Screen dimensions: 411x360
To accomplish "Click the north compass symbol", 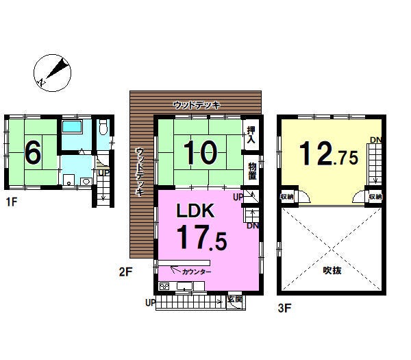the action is coord(53,73).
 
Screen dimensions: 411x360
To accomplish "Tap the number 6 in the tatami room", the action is coord(33,152).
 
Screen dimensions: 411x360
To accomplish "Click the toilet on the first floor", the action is coord(104,128).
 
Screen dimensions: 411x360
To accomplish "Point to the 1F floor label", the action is coord(12,202).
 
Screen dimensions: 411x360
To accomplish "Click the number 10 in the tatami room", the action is coord(201,152).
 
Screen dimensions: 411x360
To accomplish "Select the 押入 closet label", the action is coord(251,135).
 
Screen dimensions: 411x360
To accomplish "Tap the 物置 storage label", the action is coord(252,171).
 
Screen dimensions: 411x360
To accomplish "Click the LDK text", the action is coord(195,211).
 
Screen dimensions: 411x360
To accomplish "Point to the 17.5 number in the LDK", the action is coord(202,238).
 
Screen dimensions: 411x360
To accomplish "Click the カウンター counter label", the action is coord(197,272).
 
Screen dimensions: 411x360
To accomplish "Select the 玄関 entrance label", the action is coord(235,299).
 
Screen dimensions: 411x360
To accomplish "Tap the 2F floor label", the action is coord(125,272).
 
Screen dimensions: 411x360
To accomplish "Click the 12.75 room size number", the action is coord(329,154).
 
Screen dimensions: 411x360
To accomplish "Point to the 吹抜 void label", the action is coord(332,270).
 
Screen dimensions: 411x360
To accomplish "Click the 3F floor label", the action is coord(284,308).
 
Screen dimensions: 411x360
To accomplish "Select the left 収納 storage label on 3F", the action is coord(287,197).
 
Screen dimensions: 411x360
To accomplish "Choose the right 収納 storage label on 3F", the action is coord(375,197).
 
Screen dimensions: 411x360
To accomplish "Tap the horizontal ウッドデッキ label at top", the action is coord(197,105).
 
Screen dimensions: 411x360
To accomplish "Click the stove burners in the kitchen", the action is coord(164,286).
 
